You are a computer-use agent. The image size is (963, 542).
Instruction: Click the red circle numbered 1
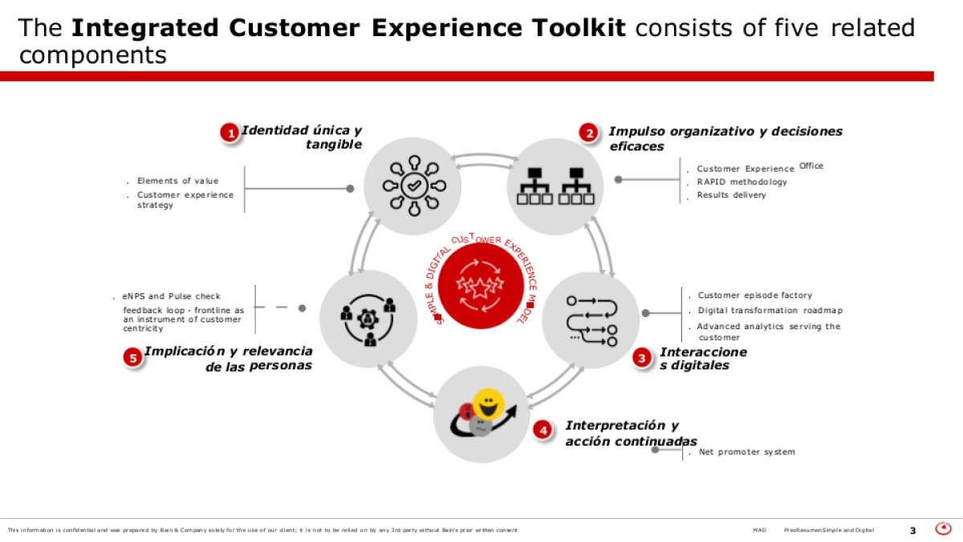tap(230, 133)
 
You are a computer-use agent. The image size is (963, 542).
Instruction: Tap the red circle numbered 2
tap(590, 133)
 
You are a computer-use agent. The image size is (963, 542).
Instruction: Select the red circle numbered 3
tap(642, 359)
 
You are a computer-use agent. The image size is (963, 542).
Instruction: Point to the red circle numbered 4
tap(544, 430)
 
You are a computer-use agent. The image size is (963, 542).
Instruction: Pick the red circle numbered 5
tap(132, 358)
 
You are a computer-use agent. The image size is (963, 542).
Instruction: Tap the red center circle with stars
tap(481, 286)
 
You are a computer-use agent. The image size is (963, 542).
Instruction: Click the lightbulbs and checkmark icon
tap(413, 186)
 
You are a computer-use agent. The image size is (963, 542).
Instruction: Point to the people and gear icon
tap(368, 319)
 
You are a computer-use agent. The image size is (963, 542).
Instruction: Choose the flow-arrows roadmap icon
tap(591, 320)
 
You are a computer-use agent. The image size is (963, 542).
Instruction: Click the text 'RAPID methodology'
tap(742, 182)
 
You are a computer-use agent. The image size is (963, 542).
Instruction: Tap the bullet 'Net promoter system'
tap(746, 452)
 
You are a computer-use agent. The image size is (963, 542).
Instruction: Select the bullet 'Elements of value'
tap(177, 181)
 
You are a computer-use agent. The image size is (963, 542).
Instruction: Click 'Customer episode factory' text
tap(754, 295)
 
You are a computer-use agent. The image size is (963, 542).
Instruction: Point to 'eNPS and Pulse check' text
tap(171, 296)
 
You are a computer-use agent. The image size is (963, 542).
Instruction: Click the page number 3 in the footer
tap(912, 530)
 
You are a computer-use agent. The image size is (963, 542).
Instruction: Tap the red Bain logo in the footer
tap(944, 528)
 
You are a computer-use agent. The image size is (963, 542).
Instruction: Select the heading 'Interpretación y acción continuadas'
tap(631, 434)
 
